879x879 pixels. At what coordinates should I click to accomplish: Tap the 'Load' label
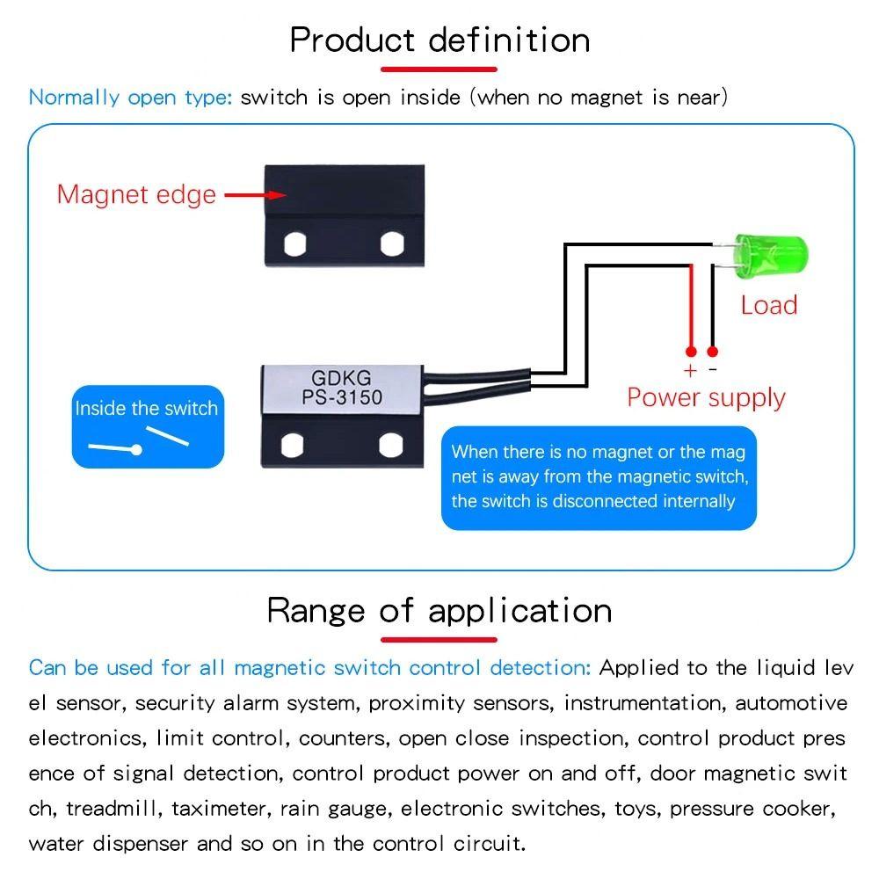tap(768, 306)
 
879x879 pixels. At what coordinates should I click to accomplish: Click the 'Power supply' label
tap(706, 397)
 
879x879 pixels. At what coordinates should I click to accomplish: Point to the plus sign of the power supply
tap(690, 371)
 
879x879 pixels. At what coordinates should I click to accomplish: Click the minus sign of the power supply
tap(713, 371)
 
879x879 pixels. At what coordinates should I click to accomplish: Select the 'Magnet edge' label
tap(136, 194)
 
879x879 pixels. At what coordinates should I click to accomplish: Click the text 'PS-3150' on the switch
tap(343, 397)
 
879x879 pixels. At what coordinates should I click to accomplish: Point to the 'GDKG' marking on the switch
tap(342, 379)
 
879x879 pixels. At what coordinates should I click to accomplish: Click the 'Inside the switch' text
tap(147, 409)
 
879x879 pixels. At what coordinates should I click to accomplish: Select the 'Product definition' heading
tap(439, 40)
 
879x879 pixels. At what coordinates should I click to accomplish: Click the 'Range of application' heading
tap(439, 610)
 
